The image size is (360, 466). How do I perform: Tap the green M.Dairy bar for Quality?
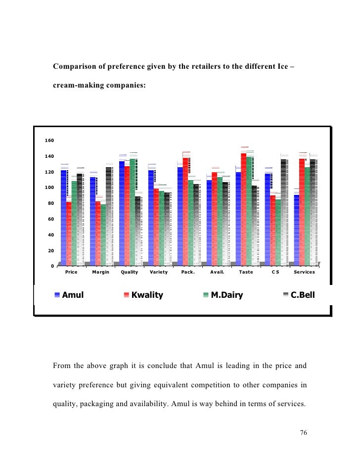133,213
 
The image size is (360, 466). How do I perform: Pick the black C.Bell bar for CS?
283,213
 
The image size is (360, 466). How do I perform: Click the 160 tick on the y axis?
49,140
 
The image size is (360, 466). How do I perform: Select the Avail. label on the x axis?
218,273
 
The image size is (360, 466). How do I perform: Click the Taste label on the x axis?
246,273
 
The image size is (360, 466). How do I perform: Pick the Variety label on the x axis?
159,273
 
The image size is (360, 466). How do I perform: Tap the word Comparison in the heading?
75,66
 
